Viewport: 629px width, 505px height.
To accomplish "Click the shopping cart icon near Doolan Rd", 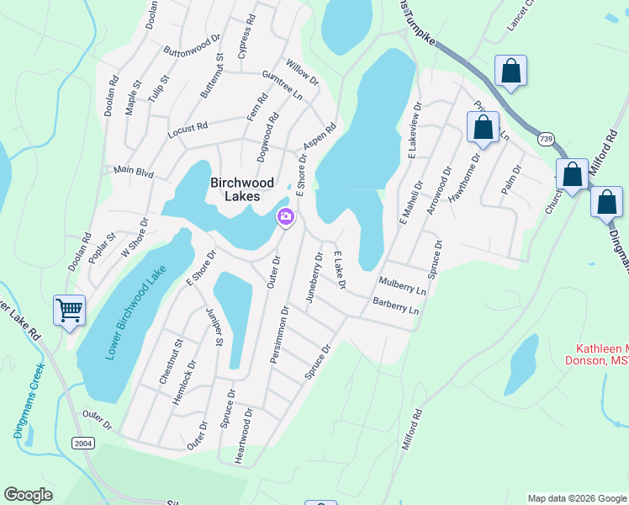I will pos(70,309).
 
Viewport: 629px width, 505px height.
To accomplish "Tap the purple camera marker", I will pos(286,218).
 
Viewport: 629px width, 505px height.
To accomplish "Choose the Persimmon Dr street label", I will pos(279,335).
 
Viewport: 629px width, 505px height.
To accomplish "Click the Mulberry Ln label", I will pos(402,286).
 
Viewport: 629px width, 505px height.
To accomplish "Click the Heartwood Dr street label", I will pos(248,436).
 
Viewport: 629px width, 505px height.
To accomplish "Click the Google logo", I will pos(28,495).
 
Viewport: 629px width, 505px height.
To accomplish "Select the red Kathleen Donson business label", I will pos(601,354).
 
